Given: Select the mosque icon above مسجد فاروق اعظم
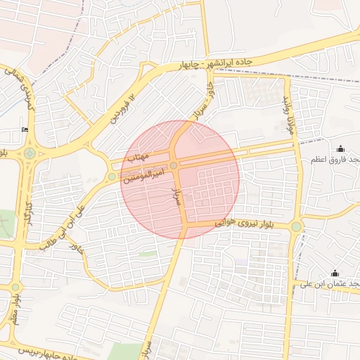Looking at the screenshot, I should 341,148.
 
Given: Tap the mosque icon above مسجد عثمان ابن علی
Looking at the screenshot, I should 335,273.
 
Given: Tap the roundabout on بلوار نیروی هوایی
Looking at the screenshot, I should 297,226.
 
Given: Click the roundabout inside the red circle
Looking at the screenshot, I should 174,165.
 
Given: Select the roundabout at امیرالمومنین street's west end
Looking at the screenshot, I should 112,176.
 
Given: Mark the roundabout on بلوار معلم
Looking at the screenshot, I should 15,288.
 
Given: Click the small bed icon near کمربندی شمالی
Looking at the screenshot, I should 26,129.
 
